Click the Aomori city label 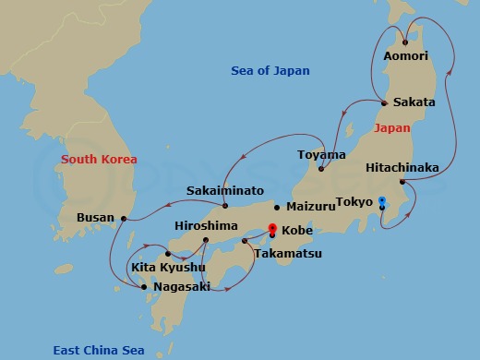point(405,56)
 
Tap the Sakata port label point(414,102)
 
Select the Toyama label point(321,155)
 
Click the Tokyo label point(354,202)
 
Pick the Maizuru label point(311,207)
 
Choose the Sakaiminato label point(225,191)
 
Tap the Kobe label point(296,230)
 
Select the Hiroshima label point(206,226)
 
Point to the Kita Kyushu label point(169,268)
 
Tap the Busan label point(96,219)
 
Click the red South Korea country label point(99,160)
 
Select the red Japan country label point(393,128)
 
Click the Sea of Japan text point(270,71)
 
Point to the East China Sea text point(98,350)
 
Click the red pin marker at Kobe point(271,228)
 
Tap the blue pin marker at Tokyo point(382,200)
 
